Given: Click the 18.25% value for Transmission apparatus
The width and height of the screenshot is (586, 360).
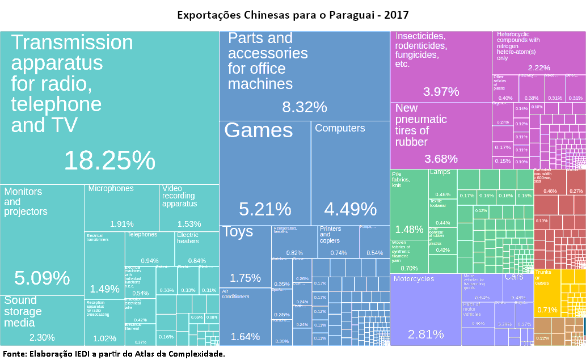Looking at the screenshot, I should coord(109,161).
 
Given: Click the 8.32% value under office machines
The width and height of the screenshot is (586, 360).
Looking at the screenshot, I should coord(305,107).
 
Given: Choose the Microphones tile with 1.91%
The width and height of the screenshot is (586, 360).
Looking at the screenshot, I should coord(122,207).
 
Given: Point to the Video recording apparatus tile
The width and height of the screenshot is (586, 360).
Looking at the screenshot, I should coord(189,207).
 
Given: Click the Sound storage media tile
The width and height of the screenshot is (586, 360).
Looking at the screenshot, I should coord(43,320).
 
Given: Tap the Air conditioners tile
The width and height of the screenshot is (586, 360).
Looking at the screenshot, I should coord(245,317).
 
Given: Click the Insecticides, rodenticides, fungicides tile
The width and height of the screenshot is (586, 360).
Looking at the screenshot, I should coord(441,66).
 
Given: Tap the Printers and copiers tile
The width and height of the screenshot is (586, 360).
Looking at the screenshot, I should coord(338,241).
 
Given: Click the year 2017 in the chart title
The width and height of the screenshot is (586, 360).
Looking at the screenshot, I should coord(396,14).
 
